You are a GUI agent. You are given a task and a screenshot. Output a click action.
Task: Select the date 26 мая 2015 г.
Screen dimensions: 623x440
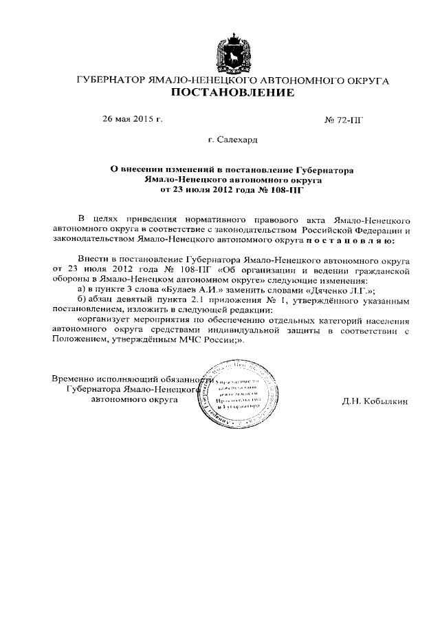132,119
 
